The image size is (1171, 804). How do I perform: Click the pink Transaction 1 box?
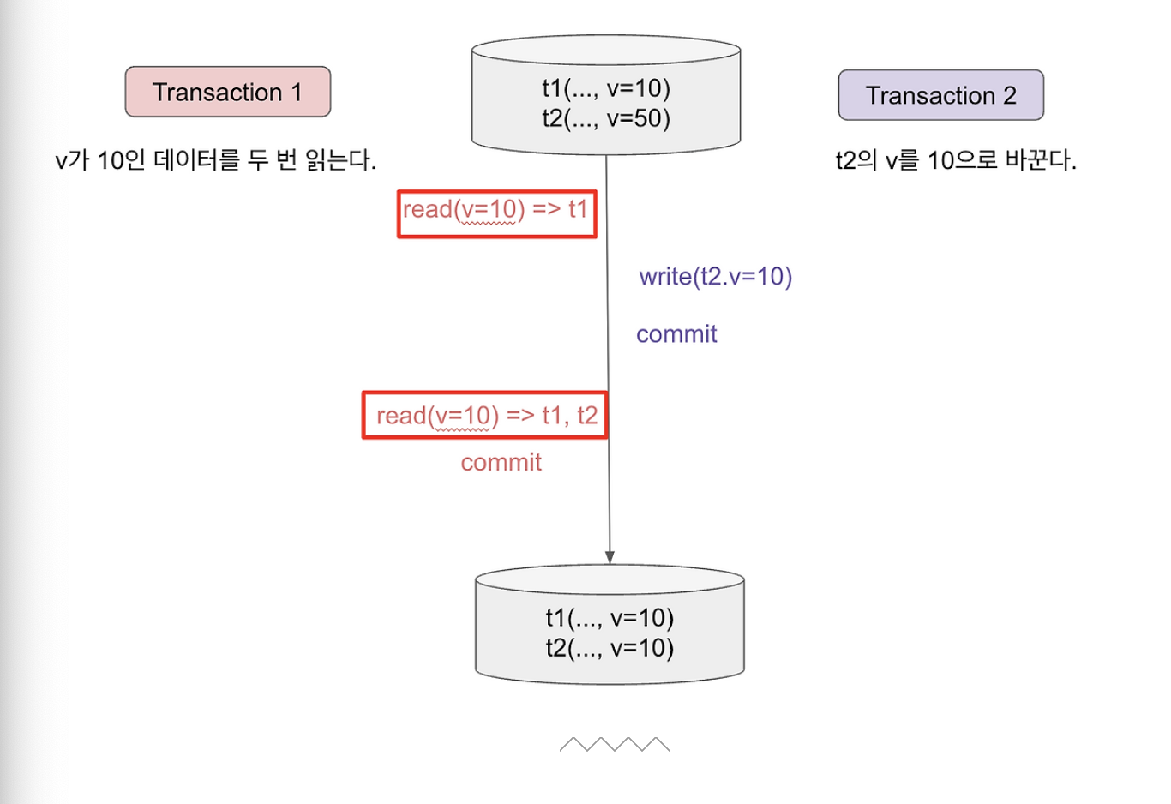coord(227,92)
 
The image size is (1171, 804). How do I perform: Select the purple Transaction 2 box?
coord(940,95)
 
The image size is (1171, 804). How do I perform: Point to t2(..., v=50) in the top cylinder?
coord(605,118)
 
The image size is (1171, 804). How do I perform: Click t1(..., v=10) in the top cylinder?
coord(605,88)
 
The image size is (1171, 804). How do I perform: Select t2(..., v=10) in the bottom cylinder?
coord(610,648)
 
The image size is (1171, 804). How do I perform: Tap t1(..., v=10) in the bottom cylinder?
coord(610,618)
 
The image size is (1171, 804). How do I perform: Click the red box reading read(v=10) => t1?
coord(496,213)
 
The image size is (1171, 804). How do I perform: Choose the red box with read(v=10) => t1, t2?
coord(485,416)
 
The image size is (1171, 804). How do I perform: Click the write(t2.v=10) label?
coord(716,277)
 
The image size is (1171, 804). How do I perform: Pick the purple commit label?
coord(676,334)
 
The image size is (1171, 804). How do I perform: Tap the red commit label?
coord(501,463)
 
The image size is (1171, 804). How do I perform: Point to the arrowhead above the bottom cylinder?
coord(610,557)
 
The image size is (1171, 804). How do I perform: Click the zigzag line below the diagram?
coord(614,744)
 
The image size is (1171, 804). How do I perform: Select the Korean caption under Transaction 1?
coord(215,160)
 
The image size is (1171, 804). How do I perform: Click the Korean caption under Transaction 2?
coord(956,160)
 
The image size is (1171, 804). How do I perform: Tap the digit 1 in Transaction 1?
coord(297,93)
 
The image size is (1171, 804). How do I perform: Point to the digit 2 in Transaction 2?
coord(1009,96)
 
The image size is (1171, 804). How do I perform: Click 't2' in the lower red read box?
coord(587,416)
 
